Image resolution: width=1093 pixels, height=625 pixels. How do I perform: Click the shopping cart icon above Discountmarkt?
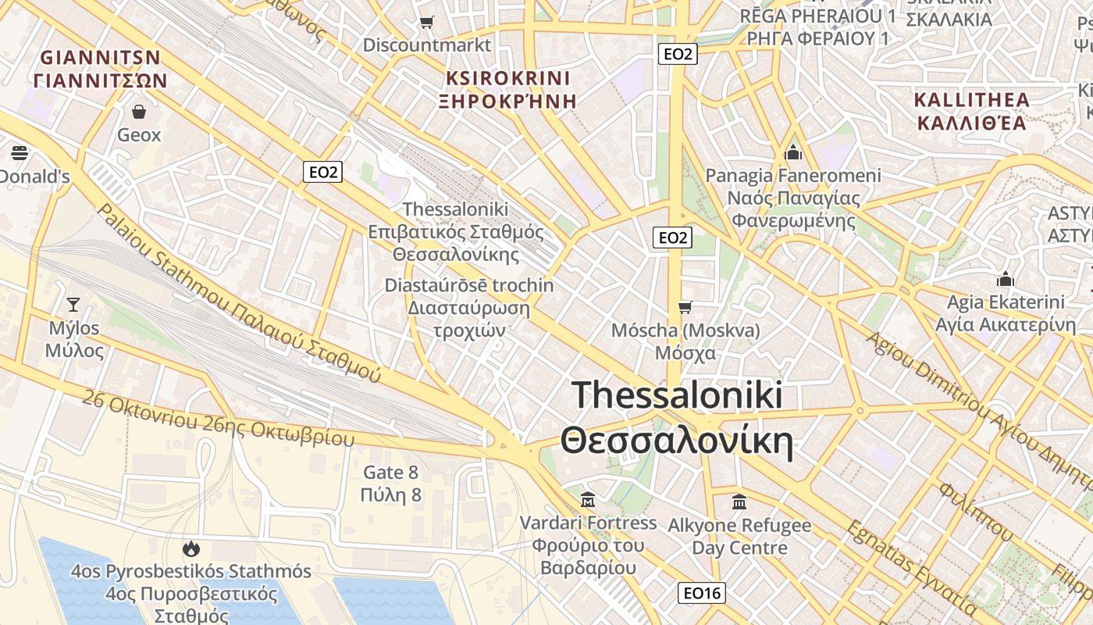(x=426, y=23)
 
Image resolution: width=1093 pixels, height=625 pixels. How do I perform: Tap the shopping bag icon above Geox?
(x=139, y=112)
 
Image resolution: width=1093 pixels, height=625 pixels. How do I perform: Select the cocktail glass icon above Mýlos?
(x=73, y=304)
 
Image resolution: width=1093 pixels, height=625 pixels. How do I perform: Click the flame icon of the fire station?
(x=190, y=549)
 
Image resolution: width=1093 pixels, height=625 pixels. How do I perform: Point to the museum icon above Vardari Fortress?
(x=588, y=499)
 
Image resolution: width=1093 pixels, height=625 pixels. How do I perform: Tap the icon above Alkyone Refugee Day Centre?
(x=739, y=502)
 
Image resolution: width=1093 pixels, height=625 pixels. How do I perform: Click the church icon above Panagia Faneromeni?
(x=793, y=152)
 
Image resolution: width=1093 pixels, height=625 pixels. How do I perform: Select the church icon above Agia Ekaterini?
(x=1005, y=280)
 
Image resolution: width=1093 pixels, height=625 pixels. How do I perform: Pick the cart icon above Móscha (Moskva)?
(x=685, y=307)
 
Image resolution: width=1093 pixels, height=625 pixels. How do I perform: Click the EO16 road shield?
(x=702, y=593)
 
